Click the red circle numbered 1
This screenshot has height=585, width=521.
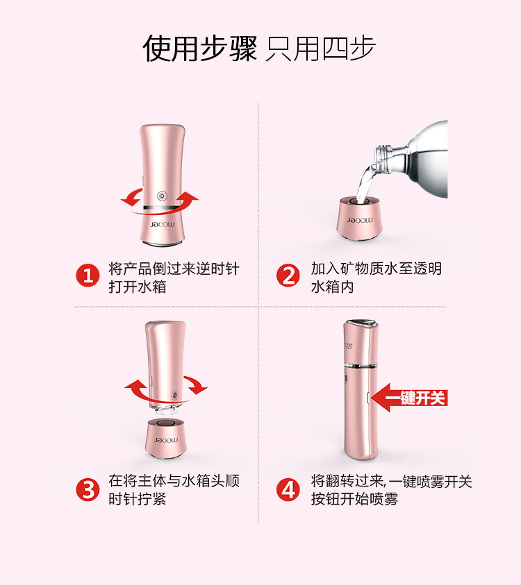tap(88, 275)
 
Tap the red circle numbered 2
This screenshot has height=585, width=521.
tap(288, 275)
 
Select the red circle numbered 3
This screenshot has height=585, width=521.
tap(88, 489)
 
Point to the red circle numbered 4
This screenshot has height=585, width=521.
tap(288, 489)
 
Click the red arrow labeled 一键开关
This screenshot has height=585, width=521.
tap(409, 398)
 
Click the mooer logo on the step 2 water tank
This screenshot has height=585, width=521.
tap(359, 221)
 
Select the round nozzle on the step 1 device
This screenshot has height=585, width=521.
tap(163, 195)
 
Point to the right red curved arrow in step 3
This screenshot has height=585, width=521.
tap(197, 385)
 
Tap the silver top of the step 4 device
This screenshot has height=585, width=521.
tap(361, 323)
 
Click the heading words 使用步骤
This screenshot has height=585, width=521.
tap(200, 48)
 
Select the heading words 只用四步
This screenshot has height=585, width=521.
tap(320, 49)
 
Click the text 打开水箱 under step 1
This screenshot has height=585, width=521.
tap(138, 287)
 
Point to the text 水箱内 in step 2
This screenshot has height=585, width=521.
tap(332, 287)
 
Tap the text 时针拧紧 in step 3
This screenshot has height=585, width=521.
tap(138, 499)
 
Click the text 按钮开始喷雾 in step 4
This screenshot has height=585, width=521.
tap(354, 499)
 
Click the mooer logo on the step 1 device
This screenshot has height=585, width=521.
tap(163, 225)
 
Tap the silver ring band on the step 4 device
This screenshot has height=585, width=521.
tap(361, 366)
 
